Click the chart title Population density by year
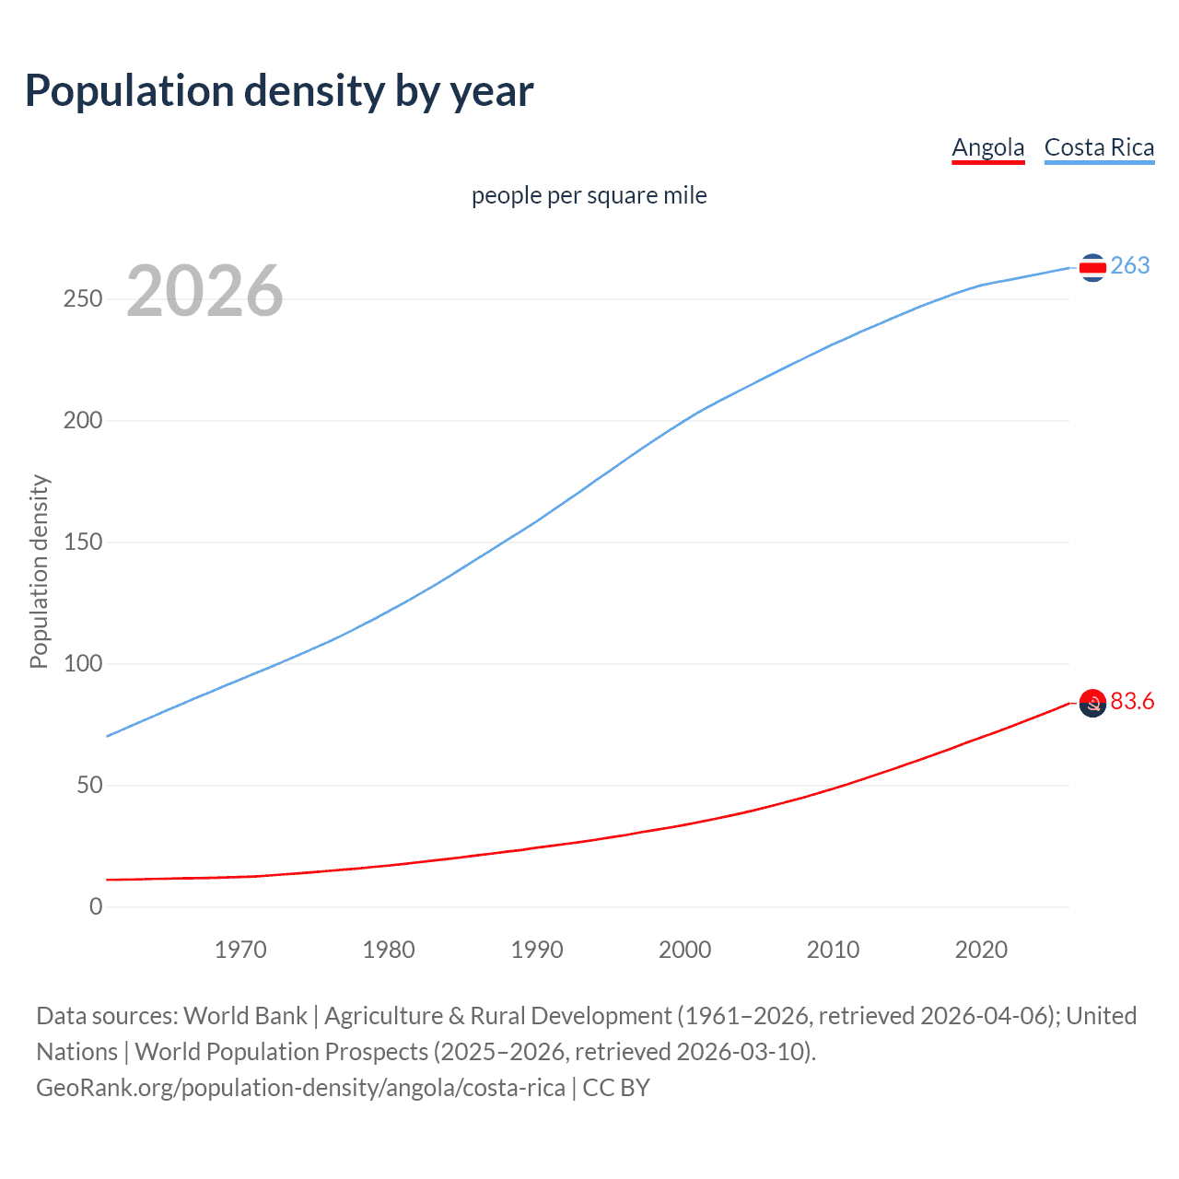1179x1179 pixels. click(x=279, y=91)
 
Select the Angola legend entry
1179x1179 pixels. click(x=987, y=147)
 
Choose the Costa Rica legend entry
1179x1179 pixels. click(x=1099, y=147)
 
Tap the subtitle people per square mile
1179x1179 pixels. click(x=589, y=195)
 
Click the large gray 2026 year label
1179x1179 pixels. click(x=204, y=291)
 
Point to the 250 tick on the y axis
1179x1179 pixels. click(x=83, y=299)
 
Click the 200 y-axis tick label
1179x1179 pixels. click(x=83, y=421)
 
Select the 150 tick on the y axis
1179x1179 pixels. click(x=83, y=543)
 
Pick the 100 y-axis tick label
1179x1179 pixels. click(x=83, y=664)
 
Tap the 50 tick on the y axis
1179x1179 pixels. click(x=89, y=786)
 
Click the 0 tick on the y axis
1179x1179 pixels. click(x=96, y=907)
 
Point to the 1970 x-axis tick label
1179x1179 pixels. click(x=240, y=950)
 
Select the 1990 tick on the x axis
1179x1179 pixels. click(x=537, y=950)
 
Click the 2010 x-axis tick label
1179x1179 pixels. click(x=833, y=950)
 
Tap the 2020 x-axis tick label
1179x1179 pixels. click(x=981, y=950)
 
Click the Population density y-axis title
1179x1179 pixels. click(x=39, y=571)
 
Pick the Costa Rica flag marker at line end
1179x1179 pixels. click(x=1092, y=268)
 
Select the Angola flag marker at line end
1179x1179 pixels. click(x=1092, y=704)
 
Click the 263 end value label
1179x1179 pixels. click(x=1130, y=266)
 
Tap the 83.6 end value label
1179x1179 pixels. click(x=1132, y=702)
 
